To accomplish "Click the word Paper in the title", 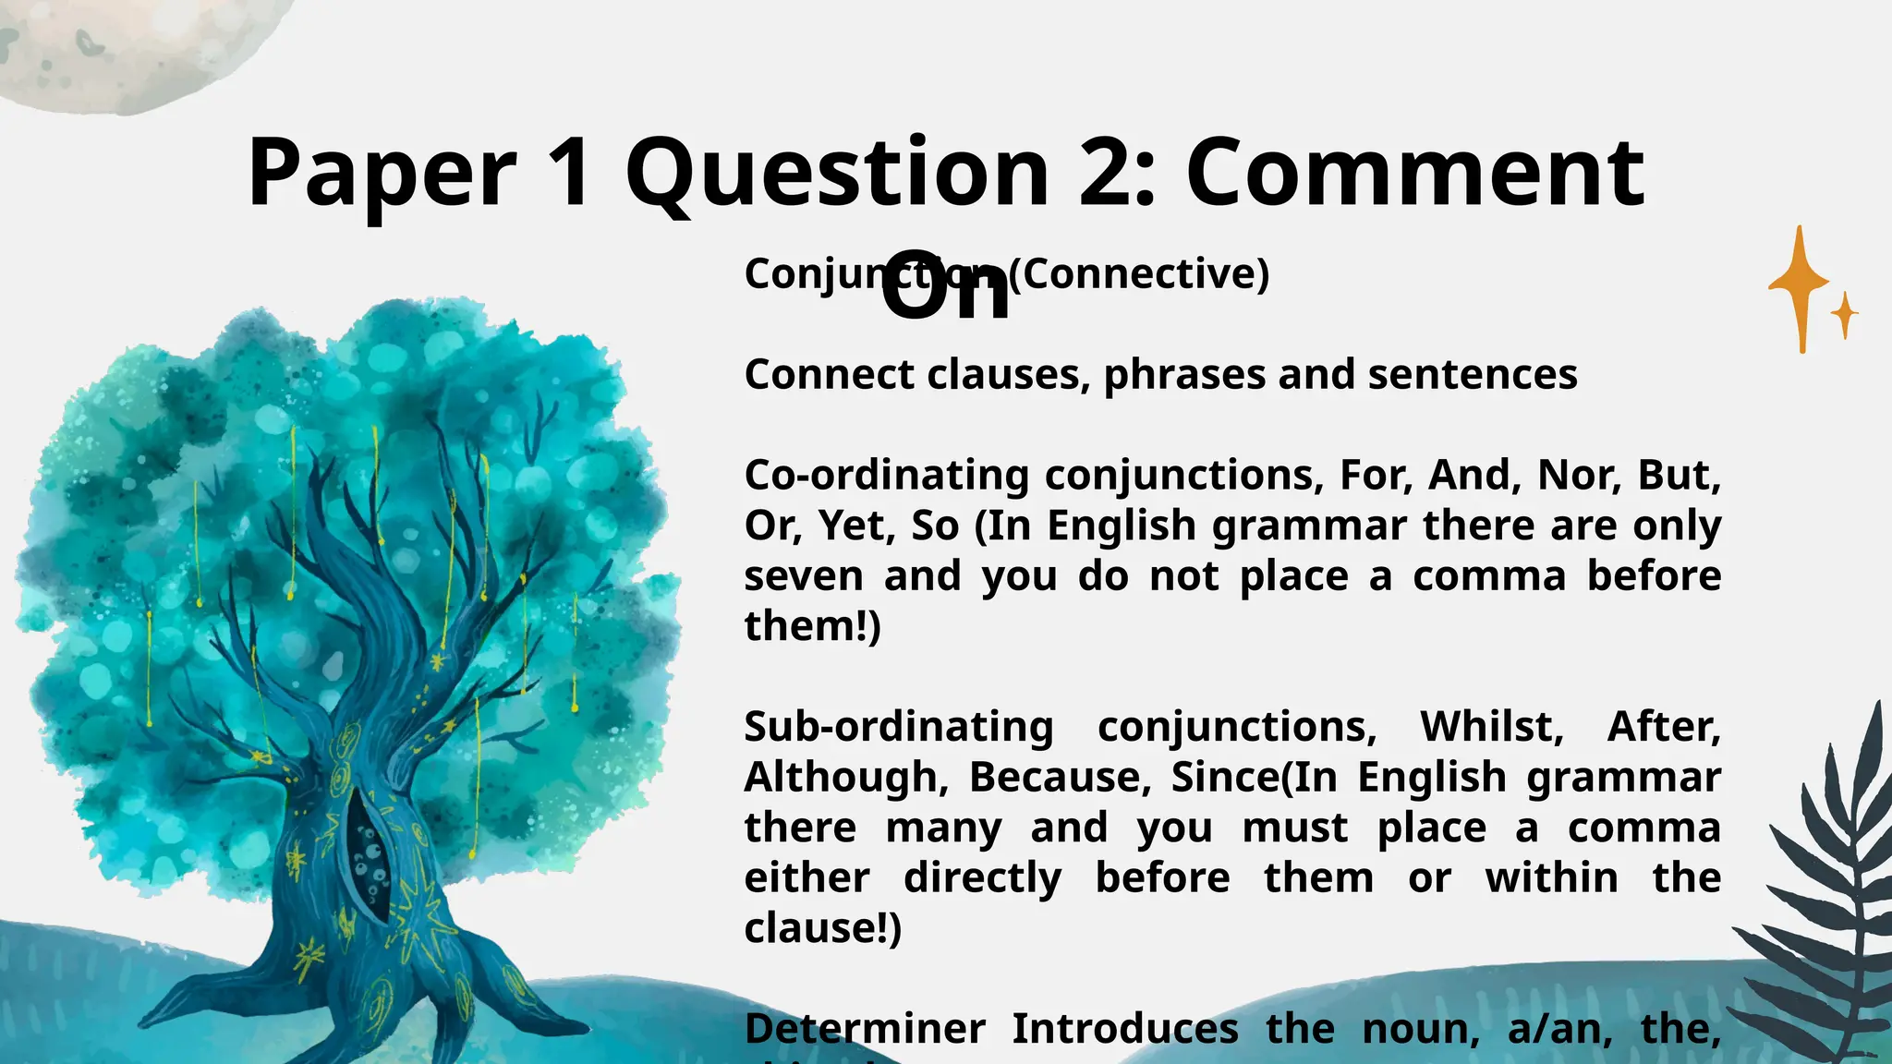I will tap(382, 174).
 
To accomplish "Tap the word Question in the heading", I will tap(837, 174).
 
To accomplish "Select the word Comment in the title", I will tap(1414, 174).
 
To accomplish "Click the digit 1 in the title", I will tap(569, 174).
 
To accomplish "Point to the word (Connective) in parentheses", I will tap(1138, 273).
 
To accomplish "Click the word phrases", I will tap(1184, 375).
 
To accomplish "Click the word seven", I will tap(803, 576).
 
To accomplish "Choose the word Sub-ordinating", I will tap(898, 727).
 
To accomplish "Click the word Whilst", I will tap(1491, 727).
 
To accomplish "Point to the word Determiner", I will tap(865, 1029).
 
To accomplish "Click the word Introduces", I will tap(1124, 1029).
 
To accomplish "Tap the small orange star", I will tap(1844, 315).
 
